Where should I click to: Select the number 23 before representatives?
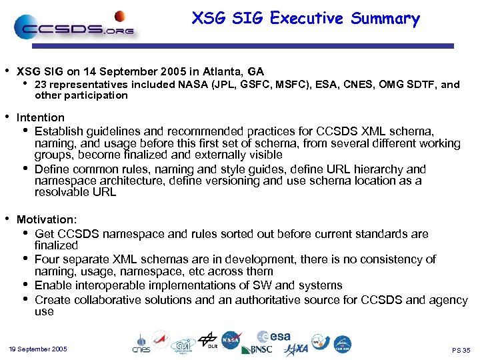(x=40, y=85)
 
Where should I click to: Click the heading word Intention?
(x=40, y=118)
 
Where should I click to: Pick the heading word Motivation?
(x=47, y=219)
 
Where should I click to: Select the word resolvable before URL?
(x=63, y=193)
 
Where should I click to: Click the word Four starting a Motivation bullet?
(x=46, y=259)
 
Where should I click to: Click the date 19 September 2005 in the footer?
(x=38, y=349)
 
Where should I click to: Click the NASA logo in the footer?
(x=231, y=341)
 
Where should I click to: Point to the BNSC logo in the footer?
(x=257, y=349)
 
